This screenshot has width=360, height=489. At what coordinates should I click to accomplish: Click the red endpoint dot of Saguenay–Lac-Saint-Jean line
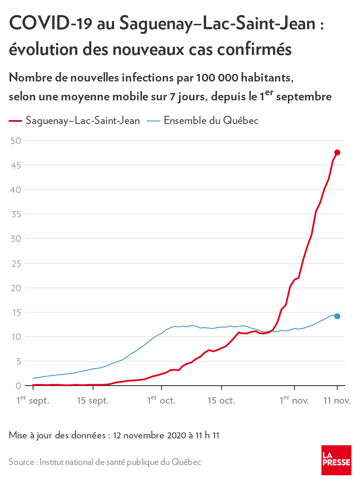(x=337, y=152)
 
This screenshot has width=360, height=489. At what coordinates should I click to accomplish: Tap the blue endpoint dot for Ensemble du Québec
(x=337, y=316)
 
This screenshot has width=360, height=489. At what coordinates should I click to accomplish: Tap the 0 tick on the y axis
(x=18, y=386)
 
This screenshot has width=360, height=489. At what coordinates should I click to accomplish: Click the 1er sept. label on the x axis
(x=33, y=401)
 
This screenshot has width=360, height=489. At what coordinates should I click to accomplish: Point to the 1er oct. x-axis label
(x=162, y=401)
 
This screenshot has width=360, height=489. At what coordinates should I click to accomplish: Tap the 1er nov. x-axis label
(x=294, y=401)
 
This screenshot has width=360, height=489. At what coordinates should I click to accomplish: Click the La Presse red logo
(x=336, y=460)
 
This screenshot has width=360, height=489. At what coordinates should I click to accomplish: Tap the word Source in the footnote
(x=22, y=462)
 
